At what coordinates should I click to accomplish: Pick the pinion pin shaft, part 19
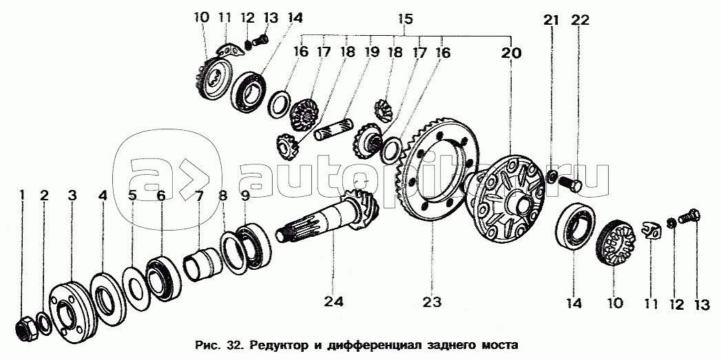pos(334,129)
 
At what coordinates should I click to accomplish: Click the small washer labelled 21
pos(552,176)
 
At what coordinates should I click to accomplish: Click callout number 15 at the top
pos(405,19)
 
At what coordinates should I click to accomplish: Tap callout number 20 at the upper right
pos(511,53)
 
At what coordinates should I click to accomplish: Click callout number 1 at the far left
pos(21,196)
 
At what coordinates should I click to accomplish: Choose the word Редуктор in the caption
pos(273,344)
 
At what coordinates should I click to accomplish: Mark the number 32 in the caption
pos(233,344)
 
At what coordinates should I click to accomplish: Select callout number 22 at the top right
pos(580,20)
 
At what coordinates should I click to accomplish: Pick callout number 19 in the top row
pos(371,52)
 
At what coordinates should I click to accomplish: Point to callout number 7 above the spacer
pos(198,196)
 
